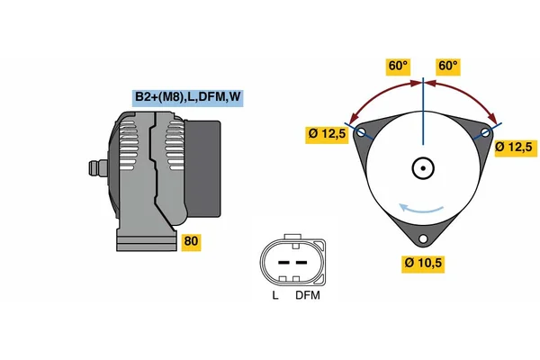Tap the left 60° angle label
(x=398, y=67)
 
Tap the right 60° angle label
(x=448, y=67)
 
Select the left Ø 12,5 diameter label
(x=327, y=135)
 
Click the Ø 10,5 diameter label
(x=423, y=264)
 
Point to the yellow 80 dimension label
(x=191, y=242)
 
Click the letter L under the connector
(x=275, y=295)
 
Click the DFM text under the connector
(x=308, y=295)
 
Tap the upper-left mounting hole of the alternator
(x=361, y=132)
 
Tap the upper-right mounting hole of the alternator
(x=485, y=132)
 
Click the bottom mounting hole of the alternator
(x=423, y=238)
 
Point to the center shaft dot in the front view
(x=423, y=168)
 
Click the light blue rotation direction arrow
(x=421, y=210)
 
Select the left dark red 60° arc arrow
(x=380, y=94)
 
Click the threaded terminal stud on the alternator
(x=98, y=168)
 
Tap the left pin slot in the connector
(x=283, y=263)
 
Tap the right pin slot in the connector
(x=301, y=263)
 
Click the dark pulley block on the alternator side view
(x=203, y=169)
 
